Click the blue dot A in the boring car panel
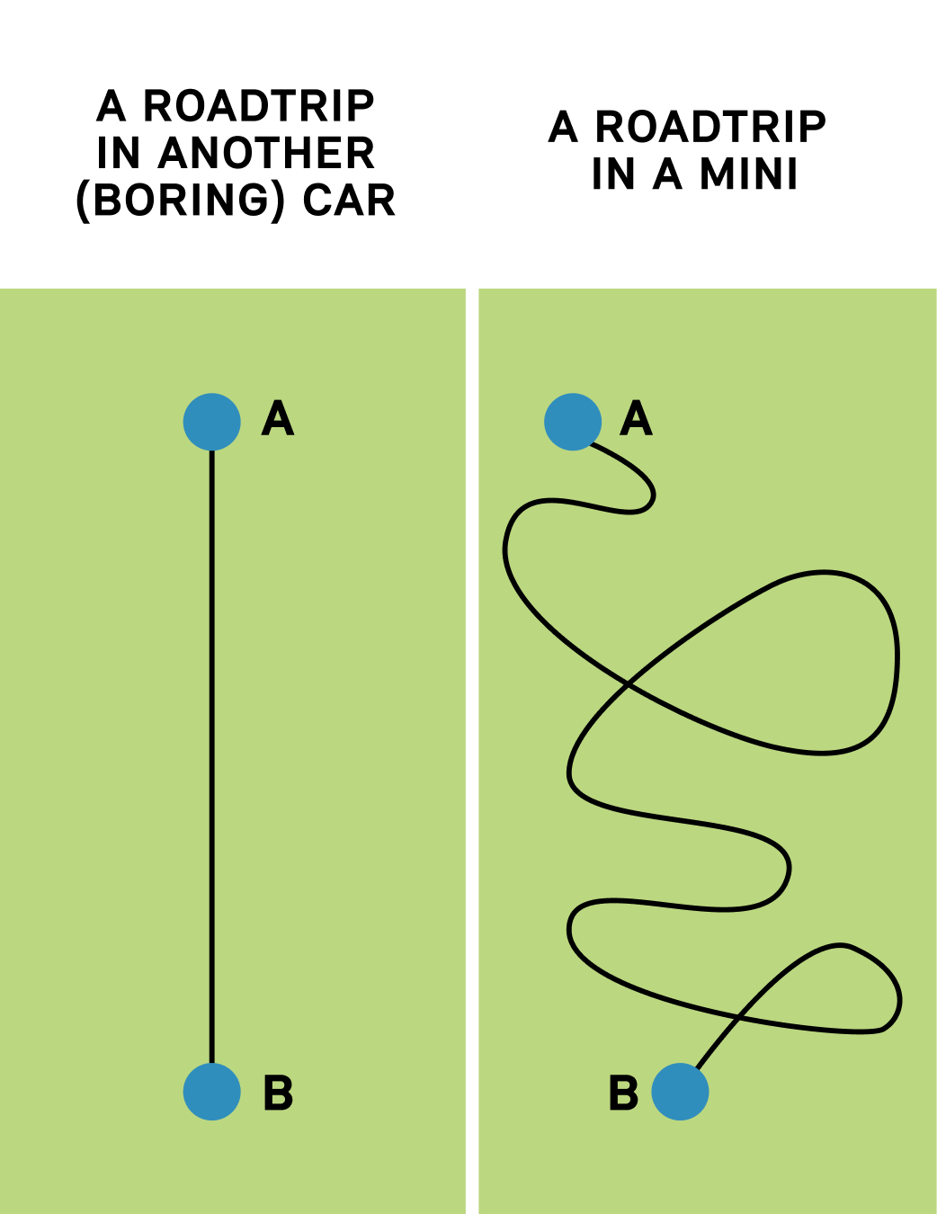(x=212, y=421)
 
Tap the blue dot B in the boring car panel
(x=212, y=1092)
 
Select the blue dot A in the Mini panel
(x=573, y=421)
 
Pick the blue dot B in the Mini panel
(x=680, y=1092)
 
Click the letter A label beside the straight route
(x=278, y=419)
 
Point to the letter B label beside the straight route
(x=278, y=1093)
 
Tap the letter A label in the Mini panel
(x=637, y=419)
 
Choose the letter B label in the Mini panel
(x=623, y=1093)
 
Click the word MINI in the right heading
(x=749, y=174)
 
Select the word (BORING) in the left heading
(x=181, y=201)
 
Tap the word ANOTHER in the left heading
(x=266, y=154)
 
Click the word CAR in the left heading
(x=349, y=201)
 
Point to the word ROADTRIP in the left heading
(x=259, y=107)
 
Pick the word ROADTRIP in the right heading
(x=710, y=128)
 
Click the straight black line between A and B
(x=212, y=755)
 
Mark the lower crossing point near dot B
(x=739, y=1017)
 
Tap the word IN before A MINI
(x=613, y=174)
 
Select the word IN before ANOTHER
(x=119, y=154)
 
